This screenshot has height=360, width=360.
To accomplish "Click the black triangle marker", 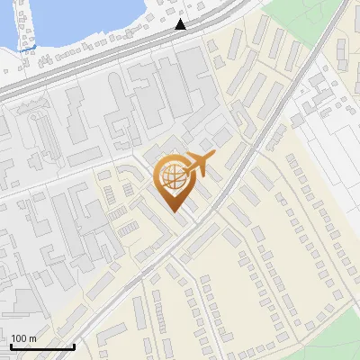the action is pos(181,24).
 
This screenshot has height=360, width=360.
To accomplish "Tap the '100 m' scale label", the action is pos(23,338).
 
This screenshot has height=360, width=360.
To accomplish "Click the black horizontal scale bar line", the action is pos(41,346).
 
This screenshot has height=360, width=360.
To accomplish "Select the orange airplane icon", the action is pos(199,165).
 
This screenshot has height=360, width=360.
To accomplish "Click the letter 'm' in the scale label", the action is pos(31,338).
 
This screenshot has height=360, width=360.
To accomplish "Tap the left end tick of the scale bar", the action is pos(11,345).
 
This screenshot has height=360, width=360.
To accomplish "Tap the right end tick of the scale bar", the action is pos(74,345).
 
